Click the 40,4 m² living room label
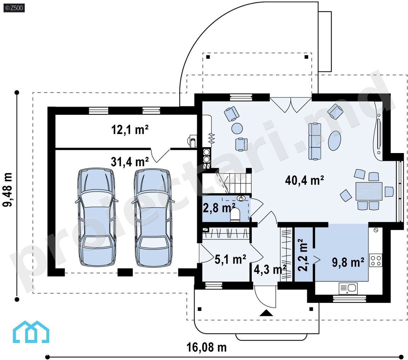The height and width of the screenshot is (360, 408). click(304, 180)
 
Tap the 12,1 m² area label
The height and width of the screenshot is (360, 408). click(130, 129)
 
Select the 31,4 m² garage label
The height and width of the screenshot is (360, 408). click(130, 162)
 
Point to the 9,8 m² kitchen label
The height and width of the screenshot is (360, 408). click(348, 262)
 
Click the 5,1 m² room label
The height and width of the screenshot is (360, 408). click(230, 259)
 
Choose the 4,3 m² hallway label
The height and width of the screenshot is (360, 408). click(270, 269)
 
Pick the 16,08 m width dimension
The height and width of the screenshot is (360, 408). click(206, 347)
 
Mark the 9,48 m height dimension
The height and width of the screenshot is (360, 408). click(7, 190)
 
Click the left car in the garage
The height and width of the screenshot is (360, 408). click(97, 217)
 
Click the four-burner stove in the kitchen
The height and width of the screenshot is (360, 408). click(375, 260)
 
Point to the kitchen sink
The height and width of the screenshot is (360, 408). click(348, 289)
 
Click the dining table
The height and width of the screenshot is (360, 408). click(369, 191)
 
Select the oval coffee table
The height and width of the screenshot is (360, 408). click(334, 141)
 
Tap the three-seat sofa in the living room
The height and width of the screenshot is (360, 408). click(315, 141)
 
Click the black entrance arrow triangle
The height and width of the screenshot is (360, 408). click(266, 313)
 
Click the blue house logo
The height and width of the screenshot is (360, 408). click(31, 332)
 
